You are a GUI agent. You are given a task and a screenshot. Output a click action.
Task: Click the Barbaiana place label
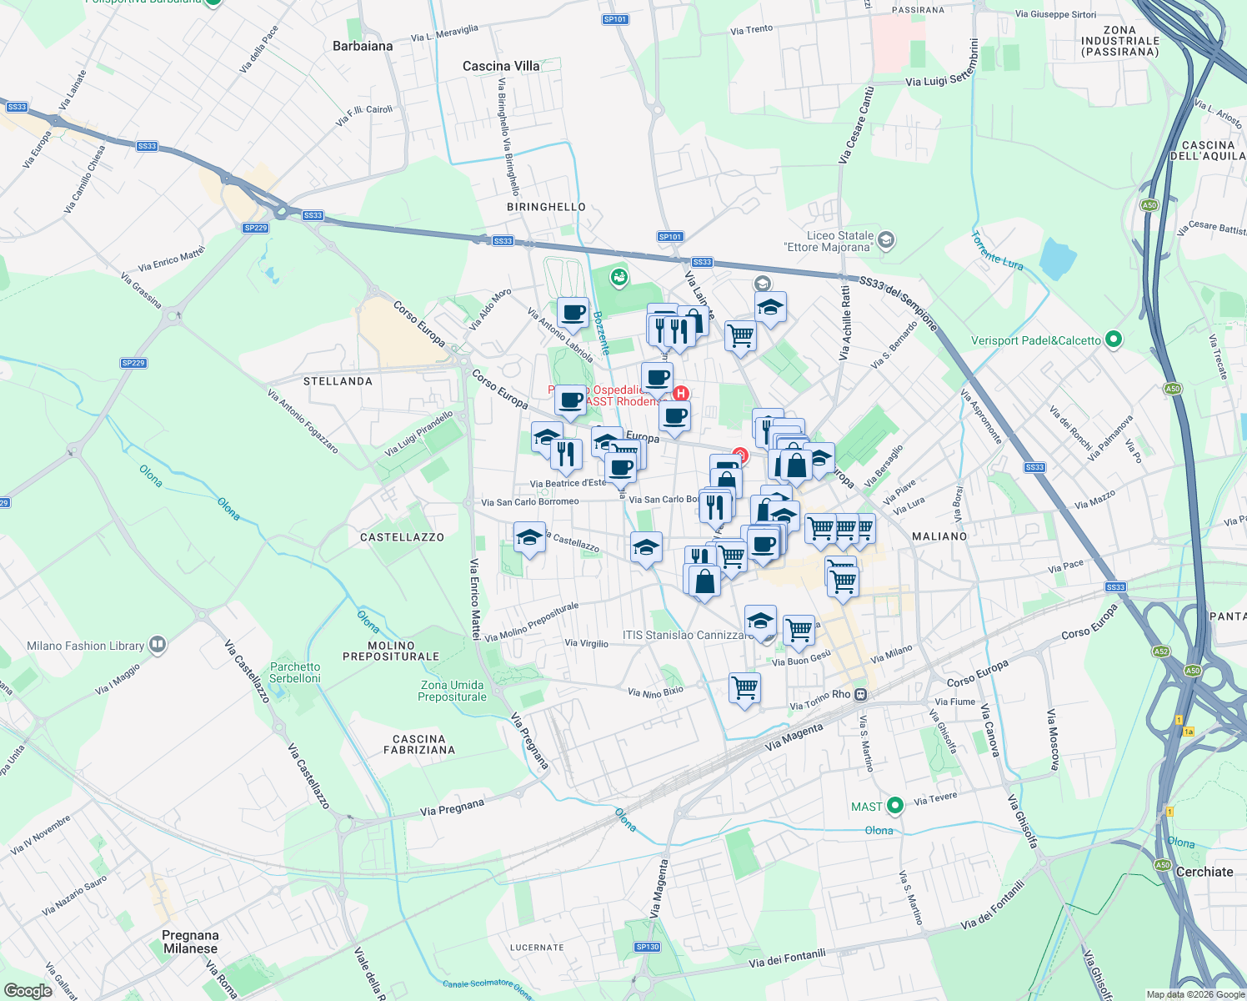[363, 46]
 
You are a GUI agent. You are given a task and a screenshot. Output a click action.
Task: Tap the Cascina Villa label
[501, 66]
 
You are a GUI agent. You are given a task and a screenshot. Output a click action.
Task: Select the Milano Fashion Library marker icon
[158, 645]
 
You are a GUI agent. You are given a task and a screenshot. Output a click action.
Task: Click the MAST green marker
[894, 806]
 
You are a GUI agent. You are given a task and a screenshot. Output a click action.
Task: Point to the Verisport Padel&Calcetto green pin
[1114, 340]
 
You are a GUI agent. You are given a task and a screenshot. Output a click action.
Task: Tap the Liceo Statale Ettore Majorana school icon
[886, 240]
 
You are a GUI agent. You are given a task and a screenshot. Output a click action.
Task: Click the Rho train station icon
[861, 694]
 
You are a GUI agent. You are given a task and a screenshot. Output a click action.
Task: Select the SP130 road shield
[647, 947]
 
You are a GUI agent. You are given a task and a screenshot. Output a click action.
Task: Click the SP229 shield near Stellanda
[133, 363]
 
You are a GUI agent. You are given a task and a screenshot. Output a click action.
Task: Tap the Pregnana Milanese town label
[190, 942]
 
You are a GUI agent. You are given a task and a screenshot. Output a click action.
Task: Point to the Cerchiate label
[1204, 872]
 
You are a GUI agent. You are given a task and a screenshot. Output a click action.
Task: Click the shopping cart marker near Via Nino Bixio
[744, 688]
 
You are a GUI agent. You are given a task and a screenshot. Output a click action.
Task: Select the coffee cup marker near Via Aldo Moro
[573, 314]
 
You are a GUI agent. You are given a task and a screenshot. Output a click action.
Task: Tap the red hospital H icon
[681, 394]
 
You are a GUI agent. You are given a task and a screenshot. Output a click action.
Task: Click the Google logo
[28, 991]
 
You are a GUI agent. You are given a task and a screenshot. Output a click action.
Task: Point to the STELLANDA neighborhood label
[338, 381]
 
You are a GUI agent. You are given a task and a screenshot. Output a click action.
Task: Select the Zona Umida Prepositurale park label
[452, 691]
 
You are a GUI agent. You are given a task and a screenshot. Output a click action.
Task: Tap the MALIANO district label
[939, 536]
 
